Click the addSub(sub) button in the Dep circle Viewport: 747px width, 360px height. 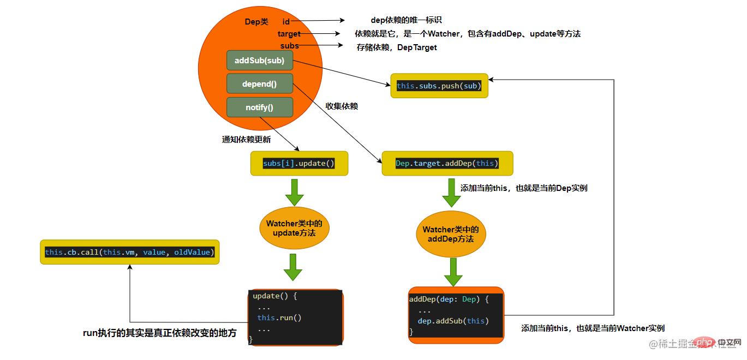tap(259, 61)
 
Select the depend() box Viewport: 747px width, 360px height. tap(259, 84)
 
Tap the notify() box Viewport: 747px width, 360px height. tap(259, 107)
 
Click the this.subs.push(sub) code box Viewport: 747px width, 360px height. tap(439, 86)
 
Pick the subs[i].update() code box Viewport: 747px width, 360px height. tap(298, 163)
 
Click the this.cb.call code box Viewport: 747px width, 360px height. tap(129, 252)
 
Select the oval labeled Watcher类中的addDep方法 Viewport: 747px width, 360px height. tap(451, 235)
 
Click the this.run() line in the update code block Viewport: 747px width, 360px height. tap(279, 317)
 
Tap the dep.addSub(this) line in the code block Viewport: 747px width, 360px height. tap(453, 321)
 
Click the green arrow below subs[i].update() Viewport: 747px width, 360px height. tap(294, 191)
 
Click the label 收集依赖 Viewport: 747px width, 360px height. tap(342, 106)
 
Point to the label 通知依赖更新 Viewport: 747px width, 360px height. tap(246, 139)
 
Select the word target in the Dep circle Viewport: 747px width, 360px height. tap(289, 34)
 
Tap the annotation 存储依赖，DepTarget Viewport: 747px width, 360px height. tap(397, 47)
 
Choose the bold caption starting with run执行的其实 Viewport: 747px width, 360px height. tap(159, 333)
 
